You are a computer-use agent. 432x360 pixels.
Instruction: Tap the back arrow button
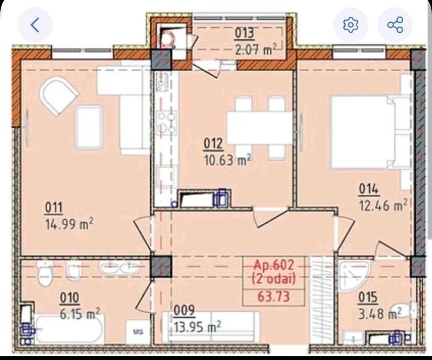35,25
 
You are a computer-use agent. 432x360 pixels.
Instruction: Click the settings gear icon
350,25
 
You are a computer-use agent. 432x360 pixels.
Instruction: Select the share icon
395,25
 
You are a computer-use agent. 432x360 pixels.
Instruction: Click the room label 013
244,33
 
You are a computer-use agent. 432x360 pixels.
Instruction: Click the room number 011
54,207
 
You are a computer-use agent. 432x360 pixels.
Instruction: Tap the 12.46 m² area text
383,205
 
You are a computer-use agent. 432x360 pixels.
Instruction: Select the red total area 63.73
273,297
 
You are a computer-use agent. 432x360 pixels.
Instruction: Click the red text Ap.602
274,265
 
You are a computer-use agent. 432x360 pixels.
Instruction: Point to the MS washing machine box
138,332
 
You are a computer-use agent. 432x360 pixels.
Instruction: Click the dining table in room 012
260,128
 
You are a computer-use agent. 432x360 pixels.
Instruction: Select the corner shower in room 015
353,276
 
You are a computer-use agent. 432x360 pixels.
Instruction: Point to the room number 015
368,298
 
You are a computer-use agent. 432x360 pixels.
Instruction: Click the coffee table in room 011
89,127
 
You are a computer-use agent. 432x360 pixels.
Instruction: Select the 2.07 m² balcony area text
255,50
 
